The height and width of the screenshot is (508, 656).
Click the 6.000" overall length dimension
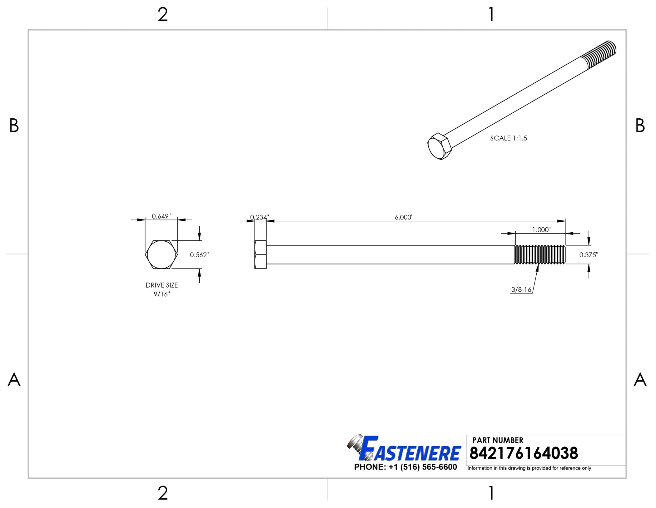(x=404, y=217)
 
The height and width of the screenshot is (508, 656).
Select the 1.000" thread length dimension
(x=541, y=230)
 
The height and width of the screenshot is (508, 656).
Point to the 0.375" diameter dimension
(x=589, y=255)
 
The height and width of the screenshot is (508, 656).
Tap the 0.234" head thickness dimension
(x=259, y=217)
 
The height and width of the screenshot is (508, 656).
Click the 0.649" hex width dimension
(x=161, y=216)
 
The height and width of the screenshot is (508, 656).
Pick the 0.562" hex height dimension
(x=199, y=255)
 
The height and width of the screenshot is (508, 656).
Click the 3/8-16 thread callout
(x=521, y=290)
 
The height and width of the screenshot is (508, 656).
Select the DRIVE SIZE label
(x=162, y=285)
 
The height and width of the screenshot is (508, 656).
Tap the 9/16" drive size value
(x=162, y=294)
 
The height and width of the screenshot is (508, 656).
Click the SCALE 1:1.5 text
(x=509, y=138)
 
